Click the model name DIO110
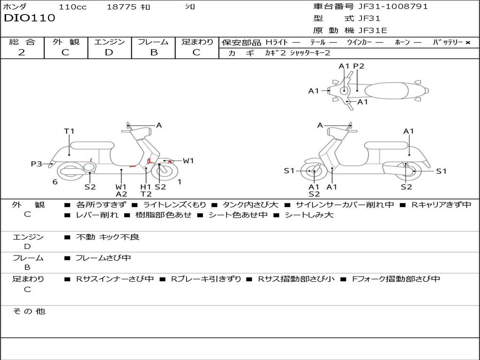tap(30, 18)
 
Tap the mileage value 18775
tap(121, 7)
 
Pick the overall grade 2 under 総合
tap(22, 52)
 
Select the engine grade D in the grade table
tap(109, 52)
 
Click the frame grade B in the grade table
tap(154, 52)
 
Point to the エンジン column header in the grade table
tap(109, 42)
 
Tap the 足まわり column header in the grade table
tap(197, 42)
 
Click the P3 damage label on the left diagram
tap(36, 164)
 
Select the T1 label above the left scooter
tap(69, 131)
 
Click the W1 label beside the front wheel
tap(188, 161)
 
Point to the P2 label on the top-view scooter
tap(359, 66)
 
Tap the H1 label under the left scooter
tap(146, 187)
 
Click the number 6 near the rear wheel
tap(55, 181)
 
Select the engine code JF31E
tap(372, 30)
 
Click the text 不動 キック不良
tap(107, 237)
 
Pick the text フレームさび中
tap(103, 258)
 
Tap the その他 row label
tap(29, 311)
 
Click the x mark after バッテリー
tap(467, 42)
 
